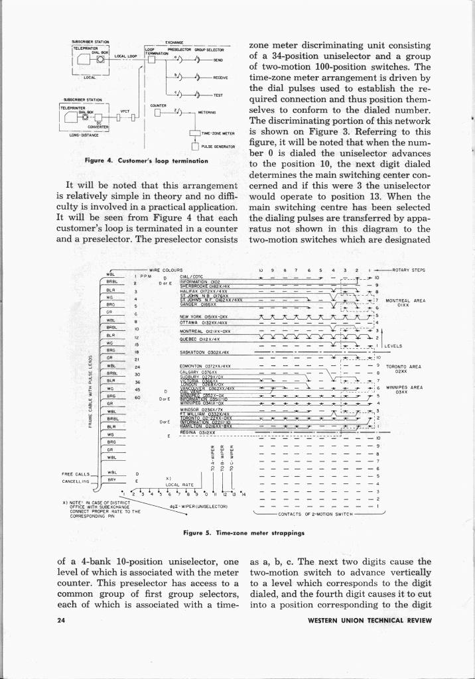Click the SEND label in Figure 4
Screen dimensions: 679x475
[218, 60]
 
